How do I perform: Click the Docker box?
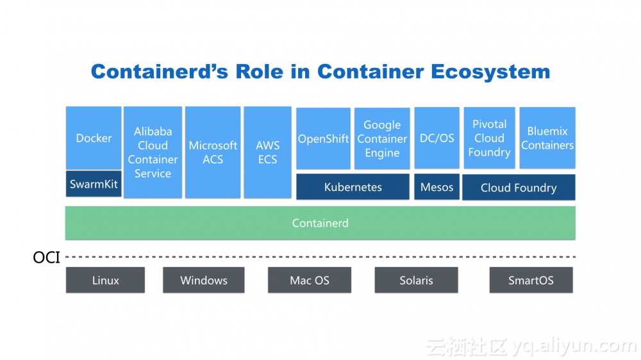94,138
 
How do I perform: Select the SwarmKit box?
94,184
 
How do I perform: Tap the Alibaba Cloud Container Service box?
153,152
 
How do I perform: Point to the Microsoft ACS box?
213,152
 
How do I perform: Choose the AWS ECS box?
267,152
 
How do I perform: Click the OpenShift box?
323,138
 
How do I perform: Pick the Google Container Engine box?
382,138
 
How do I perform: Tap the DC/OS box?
437,138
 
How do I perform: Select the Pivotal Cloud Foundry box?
489,138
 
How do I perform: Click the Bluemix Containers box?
547,138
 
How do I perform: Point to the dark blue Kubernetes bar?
353,187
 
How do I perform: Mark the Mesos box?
437,187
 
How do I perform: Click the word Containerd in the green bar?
320,223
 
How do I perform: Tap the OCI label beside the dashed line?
46,258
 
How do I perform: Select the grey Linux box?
105,281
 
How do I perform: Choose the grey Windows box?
204,281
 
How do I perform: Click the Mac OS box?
309,281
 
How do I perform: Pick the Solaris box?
416,281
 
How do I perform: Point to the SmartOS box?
531,281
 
